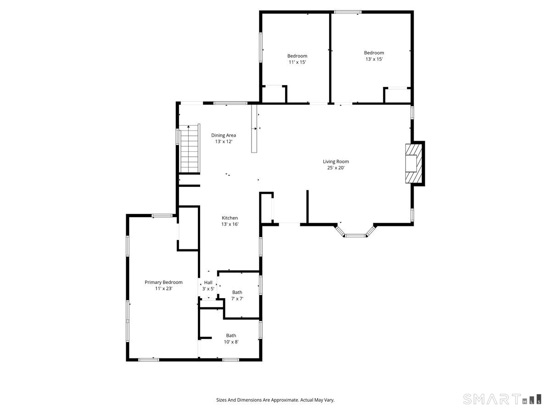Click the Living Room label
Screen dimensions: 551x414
336,161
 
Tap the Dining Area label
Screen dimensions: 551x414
224,136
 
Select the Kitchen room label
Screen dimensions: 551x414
230,218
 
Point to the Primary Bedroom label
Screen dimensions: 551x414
163,282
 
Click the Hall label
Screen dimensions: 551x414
208,282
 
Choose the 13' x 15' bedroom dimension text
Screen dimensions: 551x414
374,59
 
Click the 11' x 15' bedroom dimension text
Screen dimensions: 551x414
297,62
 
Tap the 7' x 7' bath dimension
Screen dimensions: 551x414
237,299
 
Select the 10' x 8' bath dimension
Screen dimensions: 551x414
231,342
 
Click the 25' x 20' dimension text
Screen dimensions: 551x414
336,167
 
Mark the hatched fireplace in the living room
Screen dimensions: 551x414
414,163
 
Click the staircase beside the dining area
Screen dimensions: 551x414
190,149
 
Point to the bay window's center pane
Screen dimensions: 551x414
355,236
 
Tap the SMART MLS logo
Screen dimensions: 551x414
502,399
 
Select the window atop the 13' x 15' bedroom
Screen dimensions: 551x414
348,12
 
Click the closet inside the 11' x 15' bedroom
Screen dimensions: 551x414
274,94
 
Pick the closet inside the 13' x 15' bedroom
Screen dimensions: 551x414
397,95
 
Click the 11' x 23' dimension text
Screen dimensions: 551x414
163,288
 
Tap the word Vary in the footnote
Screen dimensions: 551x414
330,400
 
